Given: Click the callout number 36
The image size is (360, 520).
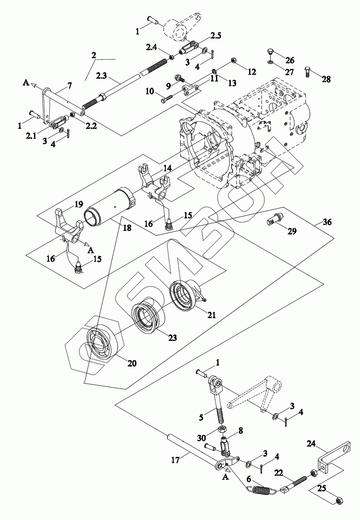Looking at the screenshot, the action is pyautogui.click(x=327, y=222).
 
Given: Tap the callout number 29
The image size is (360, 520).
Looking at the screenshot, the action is pyautogui.click(x=292, y=231).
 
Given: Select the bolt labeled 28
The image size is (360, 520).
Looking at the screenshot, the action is pyautogui.click(x=307, y=72).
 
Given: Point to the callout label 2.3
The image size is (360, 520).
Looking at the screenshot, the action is pyautogui.click(x=102, y=77).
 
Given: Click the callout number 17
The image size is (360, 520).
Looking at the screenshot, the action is pyautogui.click(x=175, y=460).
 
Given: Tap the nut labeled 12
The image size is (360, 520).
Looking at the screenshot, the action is pyautogui.click(x=233, y=61).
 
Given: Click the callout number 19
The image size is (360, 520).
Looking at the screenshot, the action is pyautogui.click(x=79, y=204).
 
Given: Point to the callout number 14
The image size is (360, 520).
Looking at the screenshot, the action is pyautogui.click(x=167, y=168).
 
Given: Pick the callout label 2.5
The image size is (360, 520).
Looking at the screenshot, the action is pyautogui.click(x=216, y=35).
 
